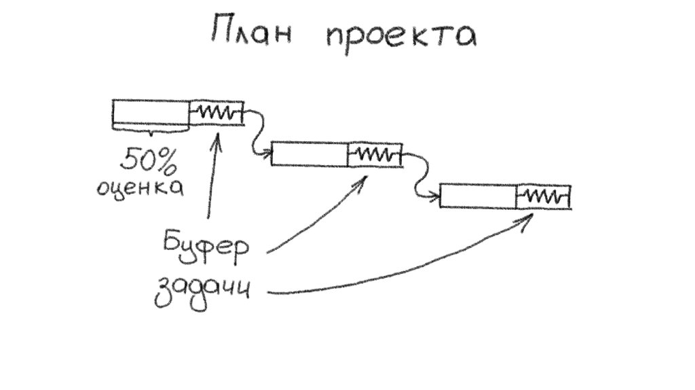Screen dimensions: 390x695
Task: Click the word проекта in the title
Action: [399, 35]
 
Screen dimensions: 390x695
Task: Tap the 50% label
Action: [147, 160]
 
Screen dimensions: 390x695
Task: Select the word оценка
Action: [140, 187]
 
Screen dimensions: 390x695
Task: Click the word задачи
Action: [202, 291]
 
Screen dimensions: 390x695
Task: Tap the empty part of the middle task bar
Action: [309, 154]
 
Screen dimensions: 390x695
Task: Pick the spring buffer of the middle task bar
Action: [374, 154]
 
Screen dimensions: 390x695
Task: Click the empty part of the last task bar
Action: [478, 196]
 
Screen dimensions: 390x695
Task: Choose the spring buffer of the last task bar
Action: [543, 196]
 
